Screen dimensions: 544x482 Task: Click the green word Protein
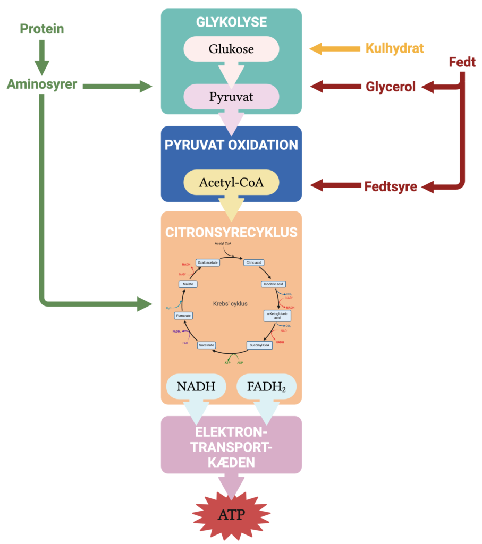point(42,29)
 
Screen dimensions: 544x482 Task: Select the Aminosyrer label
point(42,84)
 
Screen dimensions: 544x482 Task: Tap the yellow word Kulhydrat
point(394,48)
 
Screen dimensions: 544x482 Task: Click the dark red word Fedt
point(462,62)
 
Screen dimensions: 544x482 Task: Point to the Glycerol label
point(390,87)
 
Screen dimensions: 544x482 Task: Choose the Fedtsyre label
point(390,186)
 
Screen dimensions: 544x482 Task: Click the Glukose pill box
point(231,49)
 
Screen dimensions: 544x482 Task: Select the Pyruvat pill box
point(231,97)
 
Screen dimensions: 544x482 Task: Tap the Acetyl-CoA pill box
point(231,182)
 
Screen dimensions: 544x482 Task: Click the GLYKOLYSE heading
point(231,22)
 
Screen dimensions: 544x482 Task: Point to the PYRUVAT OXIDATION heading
point(231,146)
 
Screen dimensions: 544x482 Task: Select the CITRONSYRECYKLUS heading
point(231,233)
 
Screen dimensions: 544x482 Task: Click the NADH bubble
point(196,386)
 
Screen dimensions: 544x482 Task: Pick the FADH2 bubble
point(266,386)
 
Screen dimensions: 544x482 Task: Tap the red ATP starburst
point(231,514)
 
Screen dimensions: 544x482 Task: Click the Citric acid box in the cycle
point(253,262)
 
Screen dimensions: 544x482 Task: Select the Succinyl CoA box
point(260,345)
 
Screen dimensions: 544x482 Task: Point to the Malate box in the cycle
point(188,284)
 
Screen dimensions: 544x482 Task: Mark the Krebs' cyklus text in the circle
point(231,304)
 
